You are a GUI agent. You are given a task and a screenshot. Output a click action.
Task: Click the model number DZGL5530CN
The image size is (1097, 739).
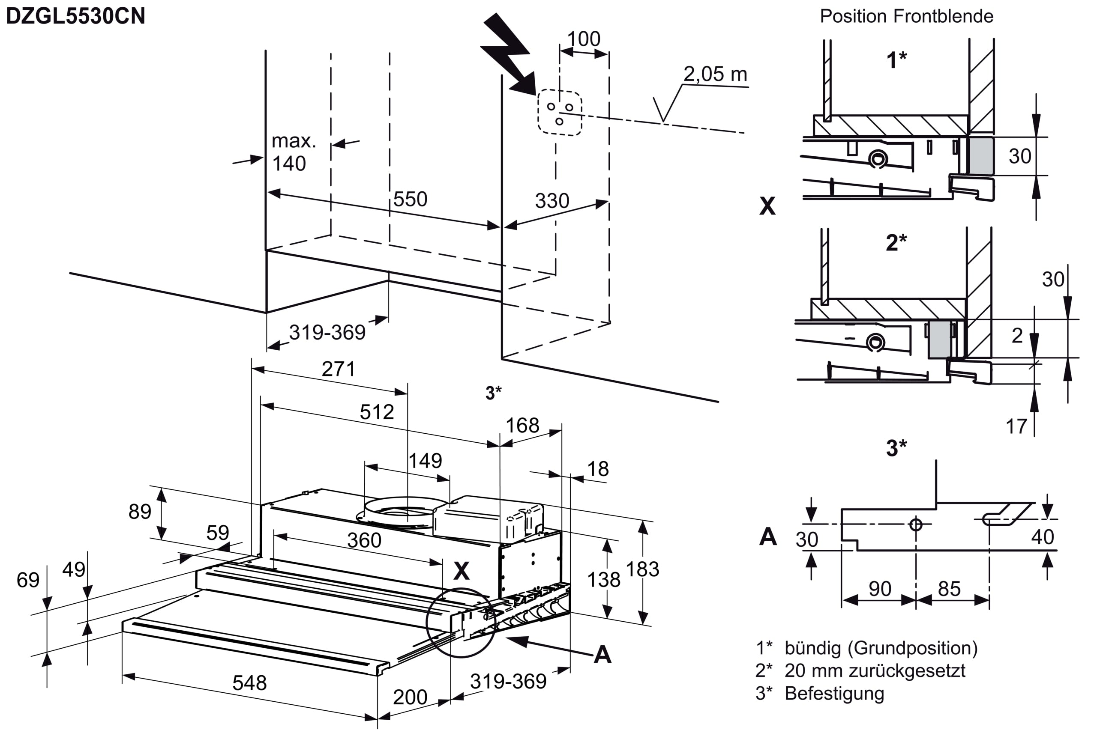click(x=75, y=16)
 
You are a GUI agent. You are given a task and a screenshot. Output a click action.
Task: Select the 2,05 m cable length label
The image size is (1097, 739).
click(x=716, y=74)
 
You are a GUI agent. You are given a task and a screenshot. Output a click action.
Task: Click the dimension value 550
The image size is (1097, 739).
click(x=411, y=200)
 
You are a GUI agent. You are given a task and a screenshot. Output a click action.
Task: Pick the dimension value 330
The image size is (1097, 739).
click(x=552, y=201)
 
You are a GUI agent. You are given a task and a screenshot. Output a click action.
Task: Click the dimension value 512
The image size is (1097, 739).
click(x=377, y=412)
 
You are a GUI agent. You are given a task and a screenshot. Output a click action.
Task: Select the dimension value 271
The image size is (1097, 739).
click(x=338, y=369)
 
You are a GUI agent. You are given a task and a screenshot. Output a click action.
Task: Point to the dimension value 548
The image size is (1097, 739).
click(x=249, y=683)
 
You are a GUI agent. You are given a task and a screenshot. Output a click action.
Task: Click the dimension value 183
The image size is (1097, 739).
click(x=642, y=569)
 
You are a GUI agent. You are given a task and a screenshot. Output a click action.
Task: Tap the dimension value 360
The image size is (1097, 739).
click(x=364, y=540)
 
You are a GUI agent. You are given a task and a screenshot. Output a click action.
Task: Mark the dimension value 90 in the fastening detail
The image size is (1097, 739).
click(x=880, y=589)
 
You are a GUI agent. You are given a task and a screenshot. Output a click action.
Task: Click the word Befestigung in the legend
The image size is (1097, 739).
click(x=834, y=693)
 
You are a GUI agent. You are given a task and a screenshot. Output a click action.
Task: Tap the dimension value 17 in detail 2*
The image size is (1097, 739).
click(x=1016, y=426)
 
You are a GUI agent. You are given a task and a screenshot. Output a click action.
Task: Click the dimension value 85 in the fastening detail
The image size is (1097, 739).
click(x=950, y=589)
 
